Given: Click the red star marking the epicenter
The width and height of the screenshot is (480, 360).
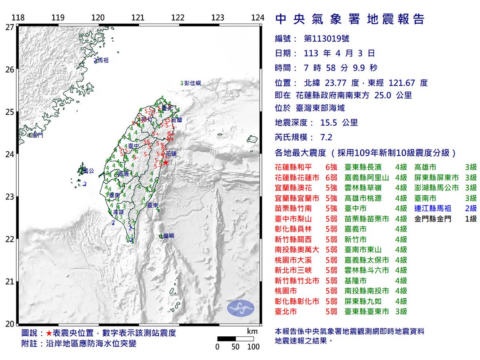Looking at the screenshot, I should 165,163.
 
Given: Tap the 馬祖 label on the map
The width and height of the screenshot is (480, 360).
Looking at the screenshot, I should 103,61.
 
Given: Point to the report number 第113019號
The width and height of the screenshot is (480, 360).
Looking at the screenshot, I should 327,39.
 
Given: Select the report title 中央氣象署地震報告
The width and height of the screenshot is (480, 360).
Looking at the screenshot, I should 350,19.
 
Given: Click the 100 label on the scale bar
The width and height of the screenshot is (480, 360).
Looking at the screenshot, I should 254,347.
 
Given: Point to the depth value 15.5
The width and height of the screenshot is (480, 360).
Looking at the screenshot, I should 329,123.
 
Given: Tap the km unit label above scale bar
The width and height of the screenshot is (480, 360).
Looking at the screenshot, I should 252,331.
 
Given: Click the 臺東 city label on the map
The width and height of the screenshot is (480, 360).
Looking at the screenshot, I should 152,205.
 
